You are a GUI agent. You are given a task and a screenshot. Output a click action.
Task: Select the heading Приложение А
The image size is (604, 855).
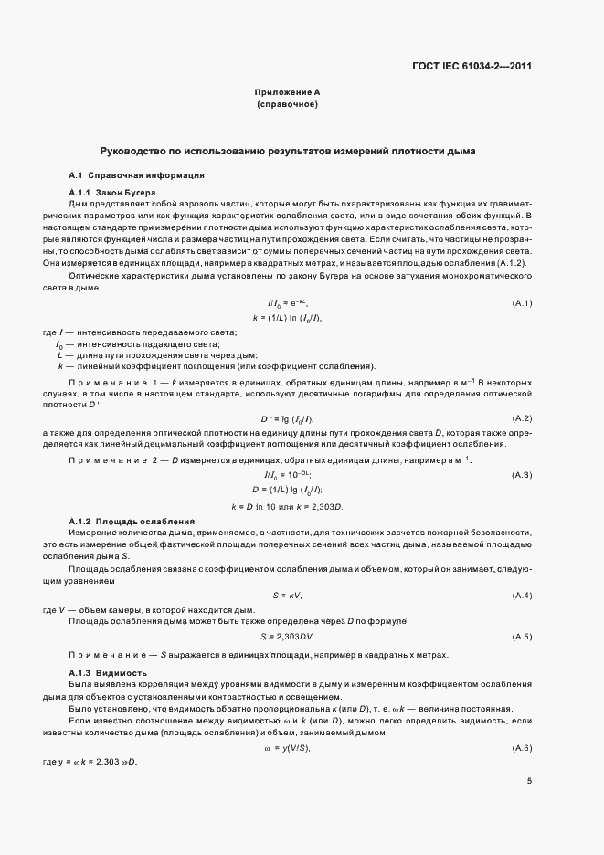pyautogui.click(x=287, y=93)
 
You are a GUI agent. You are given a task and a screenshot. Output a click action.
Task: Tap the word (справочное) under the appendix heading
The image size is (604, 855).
pyautogui.click(x=287, y=106)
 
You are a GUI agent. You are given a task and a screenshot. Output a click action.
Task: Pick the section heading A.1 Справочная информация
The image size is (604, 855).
pyautogui.click(x=136, y=174)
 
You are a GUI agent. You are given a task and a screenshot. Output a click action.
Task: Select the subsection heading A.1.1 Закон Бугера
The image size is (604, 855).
pyautogui.click(x=112, y=193)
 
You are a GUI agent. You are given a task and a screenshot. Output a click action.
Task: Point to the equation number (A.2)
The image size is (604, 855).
pyautogui.click(x=522, y=418)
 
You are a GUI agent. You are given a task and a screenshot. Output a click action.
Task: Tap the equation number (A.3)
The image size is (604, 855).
pyautogui.click(x=522, y=475)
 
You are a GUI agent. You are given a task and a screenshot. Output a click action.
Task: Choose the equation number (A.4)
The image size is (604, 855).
pyautogui.click(x=522, y=596)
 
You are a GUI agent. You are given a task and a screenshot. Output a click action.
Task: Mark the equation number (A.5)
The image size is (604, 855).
pyautogui.click(x=522, y=636)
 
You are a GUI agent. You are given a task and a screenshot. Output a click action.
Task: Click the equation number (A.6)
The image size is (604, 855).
pyautogui.click(x=522, y=749)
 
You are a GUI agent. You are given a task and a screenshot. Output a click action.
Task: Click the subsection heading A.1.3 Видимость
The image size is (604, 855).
pyautogui.click(x=109, y=672)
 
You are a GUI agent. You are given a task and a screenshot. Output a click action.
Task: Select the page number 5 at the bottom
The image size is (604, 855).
pyautogui.click(x=530, y=780)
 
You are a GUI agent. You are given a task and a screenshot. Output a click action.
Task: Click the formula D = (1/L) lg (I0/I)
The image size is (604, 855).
pyautogui.click(x=287, y=490)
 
